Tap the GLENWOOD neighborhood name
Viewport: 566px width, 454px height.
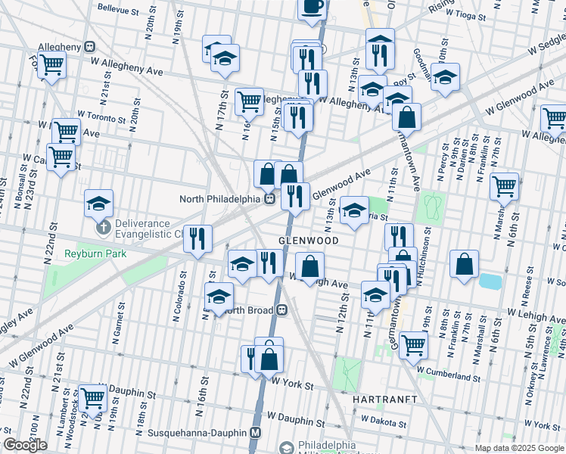pos(307,239)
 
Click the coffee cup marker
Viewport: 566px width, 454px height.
pos(312,7)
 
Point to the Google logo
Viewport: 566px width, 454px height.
pos(25,445)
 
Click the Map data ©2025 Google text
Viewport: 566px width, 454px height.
pos(519,448)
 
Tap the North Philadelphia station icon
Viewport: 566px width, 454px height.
pos(269,199)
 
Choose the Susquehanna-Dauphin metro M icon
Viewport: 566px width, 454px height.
pos(256,434)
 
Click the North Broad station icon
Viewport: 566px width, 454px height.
pos(281,309)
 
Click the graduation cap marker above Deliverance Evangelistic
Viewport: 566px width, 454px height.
pos(98,203)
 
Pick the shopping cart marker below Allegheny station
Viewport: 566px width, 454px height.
pos(51,66)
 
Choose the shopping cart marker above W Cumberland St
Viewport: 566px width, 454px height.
pos(413,344)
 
